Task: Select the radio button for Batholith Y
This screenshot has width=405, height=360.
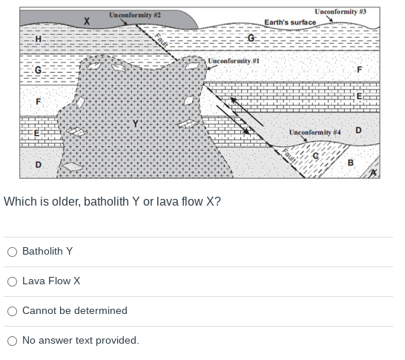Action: pos(12,252)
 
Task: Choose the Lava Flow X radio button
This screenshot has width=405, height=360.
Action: pos(12,281)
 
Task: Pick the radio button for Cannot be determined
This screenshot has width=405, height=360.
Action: pos(12,311)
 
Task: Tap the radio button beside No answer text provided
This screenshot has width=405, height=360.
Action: pos(12,341)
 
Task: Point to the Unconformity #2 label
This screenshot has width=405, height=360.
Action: pos(135,15)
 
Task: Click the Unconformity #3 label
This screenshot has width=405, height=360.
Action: pos(340,11)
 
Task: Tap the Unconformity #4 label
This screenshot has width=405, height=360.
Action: pos(315,132)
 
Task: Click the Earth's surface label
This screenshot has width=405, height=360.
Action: pos(290,22)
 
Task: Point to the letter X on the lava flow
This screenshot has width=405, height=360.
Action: pos(87,21)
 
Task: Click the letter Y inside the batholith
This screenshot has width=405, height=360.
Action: pos(135,123)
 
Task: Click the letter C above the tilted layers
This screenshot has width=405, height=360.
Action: pos(315,155)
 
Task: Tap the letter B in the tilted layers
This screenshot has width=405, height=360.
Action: pos(350,163)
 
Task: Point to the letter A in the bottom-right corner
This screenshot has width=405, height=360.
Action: pos(375,172)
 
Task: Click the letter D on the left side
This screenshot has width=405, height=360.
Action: pos(38,164)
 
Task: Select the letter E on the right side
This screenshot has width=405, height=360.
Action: pos(359,96)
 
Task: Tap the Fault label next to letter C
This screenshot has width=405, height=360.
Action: pos(290,157)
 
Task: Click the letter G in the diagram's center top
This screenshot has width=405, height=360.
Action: pos(251,38)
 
